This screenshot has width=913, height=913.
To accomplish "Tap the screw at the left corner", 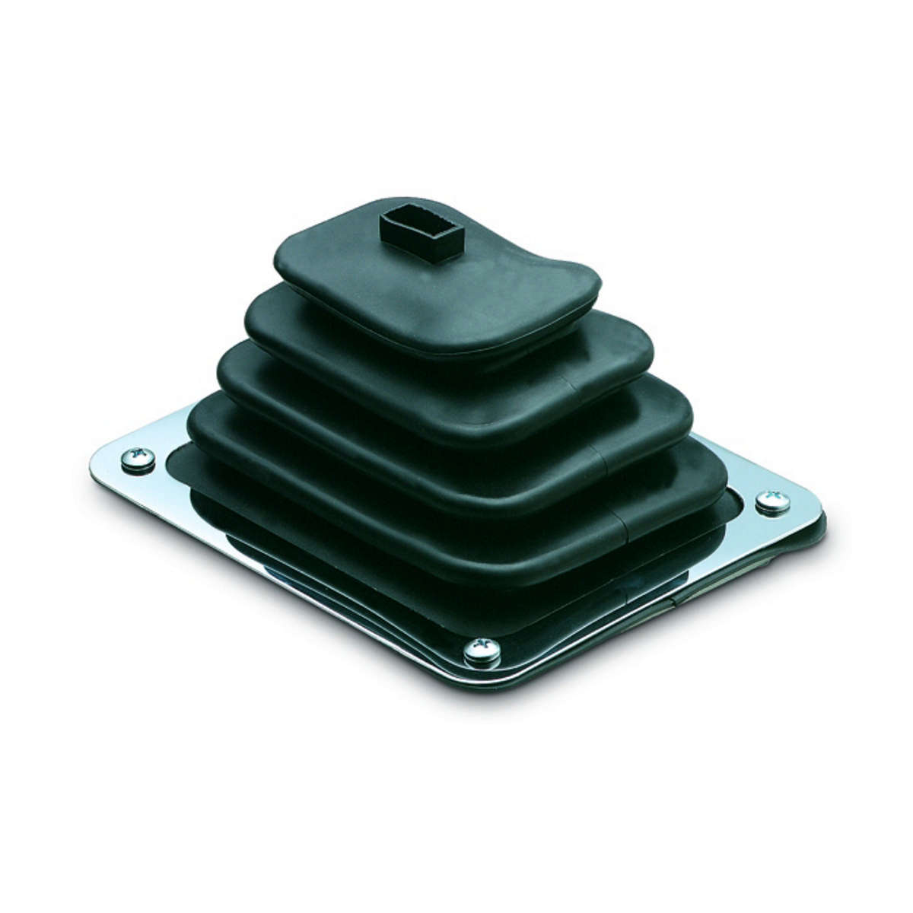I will [x=138, y=460].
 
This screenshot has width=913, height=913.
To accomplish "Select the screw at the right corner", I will [x=772, y=503].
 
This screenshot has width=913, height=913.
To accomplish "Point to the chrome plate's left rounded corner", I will [x=99, y=468].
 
